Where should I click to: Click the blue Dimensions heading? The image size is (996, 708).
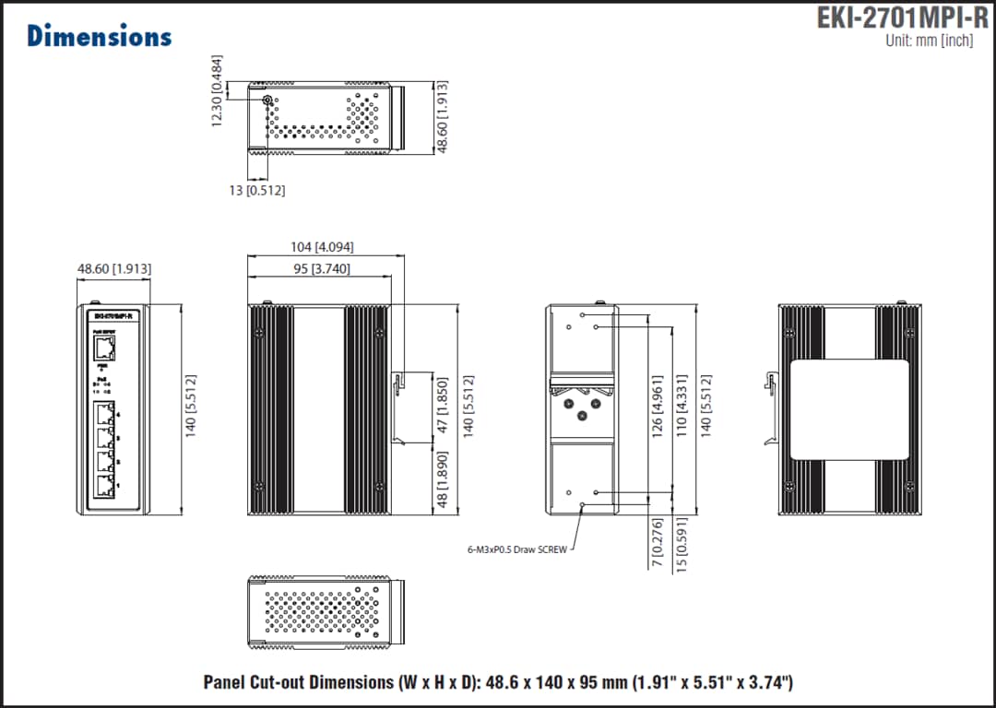(99, 36)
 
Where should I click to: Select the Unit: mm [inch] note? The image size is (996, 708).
(928, 41)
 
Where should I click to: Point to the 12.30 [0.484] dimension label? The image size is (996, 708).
(218, 90)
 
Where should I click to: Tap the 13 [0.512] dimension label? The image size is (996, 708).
(257, 191)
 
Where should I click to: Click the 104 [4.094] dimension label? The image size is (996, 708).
(321, 247)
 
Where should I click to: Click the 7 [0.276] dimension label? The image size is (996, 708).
(658, 543)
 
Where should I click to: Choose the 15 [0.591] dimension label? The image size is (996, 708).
(682, 548)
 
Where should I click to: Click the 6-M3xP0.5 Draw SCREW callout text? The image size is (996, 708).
(517, 549)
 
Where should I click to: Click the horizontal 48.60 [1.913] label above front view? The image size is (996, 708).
(114, 269)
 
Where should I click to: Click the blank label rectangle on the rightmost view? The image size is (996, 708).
(849, 409)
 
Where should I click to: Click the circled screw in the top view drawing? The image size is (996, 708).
(267, 100)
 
